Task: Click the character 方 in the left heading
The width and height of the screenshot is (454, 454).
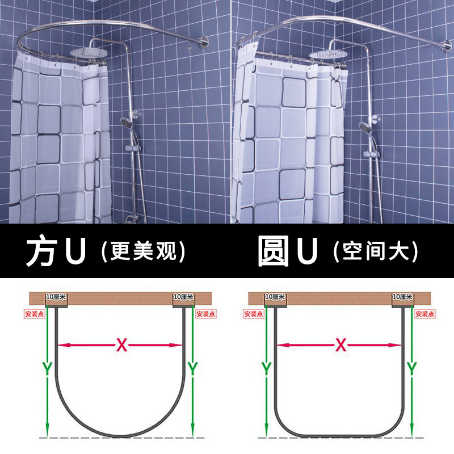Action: click(x=41, y=251)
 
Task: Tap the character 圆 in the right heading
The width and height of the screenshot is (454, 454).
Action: click(x=274, y=251)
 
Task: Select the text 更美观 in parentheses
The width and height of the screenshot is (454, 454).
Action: click(x=144, y=251)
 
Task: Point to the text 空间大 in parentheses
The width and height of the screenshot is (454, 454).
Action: click(x=376, y=251)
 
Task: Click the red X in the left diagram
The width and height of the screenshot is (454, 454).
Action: click(x=122, y=345)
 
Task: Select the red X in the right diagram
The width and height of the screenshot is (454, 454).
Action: click(x=341, y=345)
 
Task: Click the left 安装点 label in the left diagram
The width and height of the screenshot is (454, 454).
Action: click(x=35, y=314)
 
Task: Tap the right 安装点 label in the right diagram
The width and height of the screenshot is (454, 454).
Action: click(x=425, y=314)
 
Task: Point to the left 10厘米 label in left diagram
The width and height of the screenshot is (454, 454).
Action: click(x=56, y=297)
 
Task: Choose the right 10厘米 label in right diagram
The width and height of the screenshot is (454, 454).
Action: click(x=402, y=297)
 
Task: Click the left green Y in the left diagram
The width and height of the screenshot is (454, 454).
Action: click(x=47, y=368)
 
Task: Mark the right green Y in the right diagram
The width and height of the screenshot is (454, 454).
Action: click(x=412, y=368)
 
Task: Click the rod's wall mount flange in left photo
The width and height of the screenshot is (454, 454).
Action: click(x=203, y=42)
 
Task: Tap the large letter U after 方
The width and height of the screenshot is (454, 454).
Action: click(x=75, y=251)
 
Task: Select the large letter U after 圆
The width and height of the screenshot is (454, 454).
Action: click(x=308, y=251)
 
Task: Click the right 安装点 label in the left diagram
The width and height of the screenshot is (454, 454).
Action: click(x=206, y=314)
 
